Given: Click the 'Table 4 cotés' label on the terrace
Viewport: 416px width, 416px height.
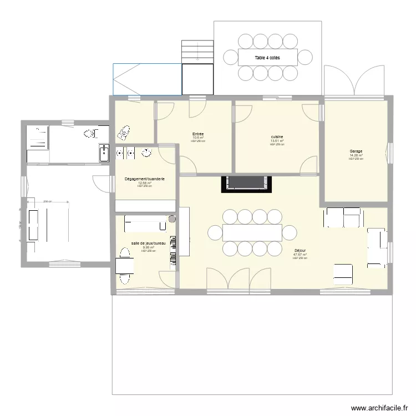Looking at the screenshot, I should (267, 58).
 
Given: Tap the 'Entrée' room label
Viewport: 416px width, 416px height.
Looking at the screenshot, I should (198, 134).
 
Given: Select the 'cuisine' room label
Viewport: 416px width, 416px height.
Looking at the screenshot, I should (277, 137).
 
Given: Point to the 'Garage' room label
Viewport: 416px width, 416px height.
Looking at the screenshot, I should (356, 151).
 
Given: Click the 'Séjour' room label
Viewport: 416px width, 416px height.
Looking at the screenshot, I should (300, 251).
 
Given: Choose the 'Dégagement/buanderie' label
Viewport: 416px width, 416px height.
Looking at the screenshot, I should (145, 179).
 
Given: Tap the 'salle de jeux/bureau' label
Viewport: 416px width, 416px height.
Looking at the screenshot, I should (148, 243).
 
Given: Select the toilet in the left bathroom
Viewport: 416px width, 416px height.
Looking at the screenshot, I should (89, 134).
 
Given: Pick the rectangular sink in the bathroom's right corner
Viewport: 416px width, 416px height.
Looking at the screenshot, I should (104, 153).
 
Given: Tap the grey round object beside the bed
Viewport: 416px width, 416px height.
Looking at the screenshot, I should (171, 219).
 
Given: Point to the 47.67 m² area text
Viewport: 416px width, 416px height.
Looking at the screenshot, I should (300, 255).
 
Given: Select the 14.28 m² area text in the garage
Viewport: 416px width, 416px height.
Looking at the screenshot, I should (356, 155).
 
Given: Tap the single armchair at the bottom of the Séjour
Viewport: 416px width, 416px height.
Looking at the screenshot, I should (343, 273).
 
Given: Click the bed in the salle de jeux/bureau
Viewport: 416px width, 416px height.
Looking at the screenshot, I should (144, 224).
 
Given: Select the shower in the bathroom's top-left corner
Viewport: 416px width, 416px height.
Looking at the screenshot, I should (38, 136).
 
